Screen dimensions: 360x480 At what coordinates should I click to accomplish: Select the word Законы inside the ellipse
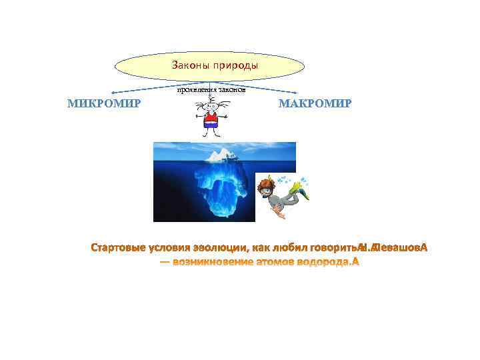click(x=190, y=66)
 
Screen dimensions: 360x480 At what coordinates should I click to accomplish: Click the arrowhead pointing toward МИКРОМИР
click(x=113, y=92)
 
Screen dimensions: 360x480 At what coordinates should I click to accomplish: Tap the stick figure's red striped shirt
click(x=211, y=122)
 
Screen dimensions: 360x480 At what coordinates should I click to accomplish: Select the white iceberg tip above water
click(x=220, y=156)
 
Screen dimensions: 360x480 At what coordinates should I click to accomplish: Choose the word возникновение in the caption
click(x=213, y=262)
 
